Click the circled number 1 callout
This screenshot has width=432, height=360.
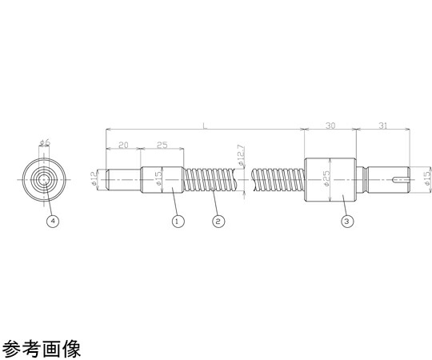tap(178, 221)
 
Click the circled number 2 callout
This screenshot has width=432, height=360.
tap(218, 221)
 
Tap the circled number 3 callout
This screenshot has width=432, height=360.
tap(347, 221)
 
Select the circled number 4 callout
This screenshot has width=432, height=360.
tap(53, 221)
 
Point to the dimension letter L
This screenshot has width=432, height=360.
tap(205, 126)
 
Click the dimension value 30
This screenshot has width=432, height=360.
tap(330, 126)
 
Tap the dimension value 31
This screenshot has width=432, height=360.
tap(382, 126)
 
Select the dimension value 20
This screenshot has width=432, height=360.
tap(123, 145)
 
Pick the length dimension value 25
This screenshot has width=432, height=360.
tap(162, 145)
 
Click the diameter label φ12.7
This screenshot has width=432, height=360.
tap(241, 155)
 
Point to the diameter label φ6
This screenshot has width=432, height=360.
tap(45, 142)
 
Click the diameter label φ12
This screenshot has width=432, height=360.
tap(94, 178)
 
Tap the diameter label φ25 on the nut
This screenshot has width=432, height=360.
tap(326, 178)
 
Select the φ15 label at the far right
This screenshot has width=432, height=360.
tap(427, 178)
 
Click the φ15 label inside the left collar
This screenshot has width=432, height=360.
tap(158, 178)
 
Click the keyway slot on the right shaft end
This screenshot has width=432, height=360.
tap(400, 179)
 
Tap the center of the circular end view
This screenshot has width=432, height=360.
tap(43, 180)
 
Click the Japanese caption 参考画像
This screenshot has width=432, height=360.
tap(42, 349)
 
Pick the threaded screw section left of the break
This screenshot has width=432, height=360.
tap(210, 179)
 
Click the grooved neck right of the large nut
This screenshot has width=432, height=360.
tap(362, 179)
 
